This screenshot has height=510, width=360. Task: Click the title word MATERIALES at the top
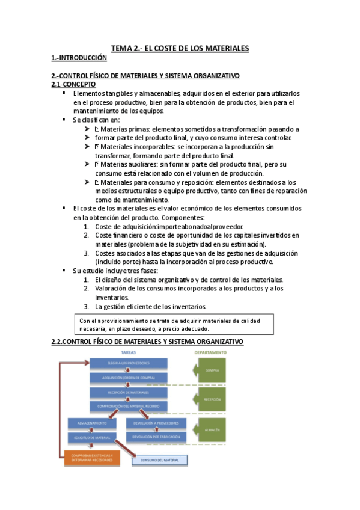224,48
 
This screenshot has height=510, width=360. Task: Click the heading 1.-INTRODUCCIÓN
79,58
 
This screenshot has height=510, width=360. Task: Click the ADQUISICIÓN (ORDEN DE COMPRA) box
129,378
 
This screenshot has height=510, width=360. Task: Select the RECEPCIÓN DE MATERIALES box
129,392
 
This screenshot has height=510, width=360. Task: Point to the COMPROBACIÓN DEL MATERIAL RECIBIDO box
129,407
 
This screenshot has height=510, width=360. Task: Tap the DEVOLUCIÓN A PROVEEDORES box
156,423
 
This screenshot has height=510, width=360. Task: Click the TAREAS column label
129,353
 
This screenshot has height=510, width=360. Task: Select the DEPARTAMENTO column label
210,353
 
